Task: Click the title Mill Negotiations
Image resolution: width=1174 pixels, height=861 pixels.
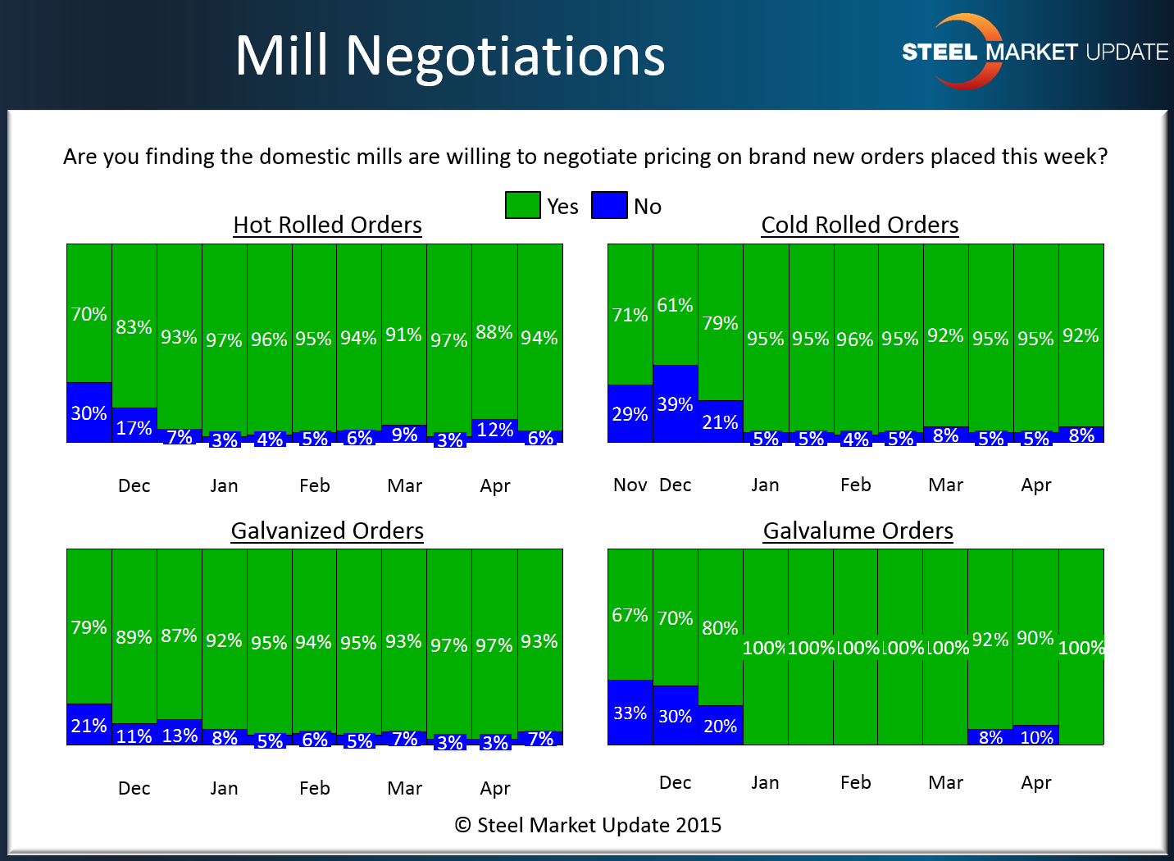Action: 449,56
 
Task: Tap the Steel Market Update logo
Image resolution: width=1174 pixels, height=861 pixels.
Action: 1034,52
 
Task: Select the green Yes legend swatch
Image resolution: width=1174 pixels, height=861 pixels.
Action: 522,205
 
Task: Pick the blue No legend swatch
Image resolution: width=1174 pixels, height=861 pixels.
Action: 609,205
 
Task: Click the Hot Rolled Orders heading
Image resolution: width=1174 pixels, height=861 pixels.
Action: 327,225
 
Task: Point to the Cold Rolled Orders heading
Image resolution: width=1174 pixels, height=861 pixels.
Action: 859,225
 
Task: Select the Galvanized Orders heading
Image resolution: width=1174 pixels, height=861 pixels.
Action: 327,531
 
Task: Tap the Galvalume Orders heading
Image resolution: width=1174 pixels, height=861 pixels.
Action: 858,531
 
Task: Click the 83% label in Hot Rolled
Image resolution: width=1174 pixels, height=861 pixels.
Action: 134,327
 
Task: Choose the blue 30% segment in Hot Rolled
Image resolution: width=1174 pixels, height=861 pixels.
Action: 89,412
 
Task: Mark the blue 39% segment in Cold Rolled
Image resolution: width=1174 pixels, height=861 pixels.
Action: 675,403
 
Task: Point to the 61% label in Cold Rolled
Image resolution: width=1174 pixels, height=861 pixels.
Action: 675,305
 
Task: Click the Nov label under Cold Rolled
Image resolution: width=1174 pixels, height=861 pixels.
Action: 630,485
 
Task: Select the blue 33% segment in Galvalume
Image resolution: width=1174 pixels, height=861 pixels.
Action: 630,713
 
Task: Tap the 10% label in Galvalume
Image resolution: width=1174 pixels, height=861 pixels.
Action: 1036,737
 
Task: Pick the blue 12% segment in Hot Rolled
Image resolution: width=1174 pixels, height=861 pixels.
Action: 494,430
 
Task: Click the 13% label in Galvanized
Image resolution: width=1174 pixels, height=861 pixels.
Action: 180,735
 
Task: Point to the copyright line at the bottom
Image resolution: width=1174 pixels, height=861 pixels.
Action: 588,825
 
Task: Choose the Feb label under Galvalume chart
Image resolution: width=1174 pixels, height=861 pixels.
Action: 855,782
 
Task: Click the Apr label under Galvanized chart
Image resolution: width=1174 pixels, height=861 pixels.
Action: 495,788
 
